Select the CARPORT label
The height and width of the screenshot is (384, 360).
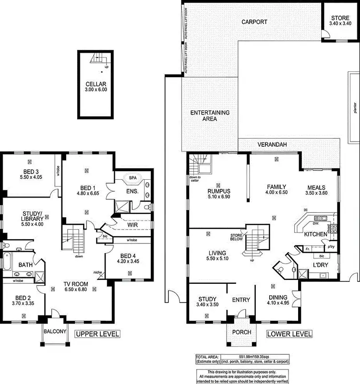[254, 22]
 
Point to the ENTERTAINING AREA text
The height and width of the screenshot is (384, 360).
[210, 116]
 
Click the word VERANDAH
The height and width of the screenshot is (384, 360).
[272, 144]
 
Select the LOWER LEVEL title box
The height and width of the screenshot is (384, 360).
[289, 334]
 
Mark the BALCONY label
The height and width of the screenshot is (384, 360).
[54, 331]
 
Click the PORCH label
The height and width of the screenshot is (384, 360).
[239, 332]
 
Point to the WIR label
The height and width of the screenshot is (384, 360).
[133, 224]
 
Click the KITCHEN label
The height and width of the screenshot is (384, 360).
[315, 234]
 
